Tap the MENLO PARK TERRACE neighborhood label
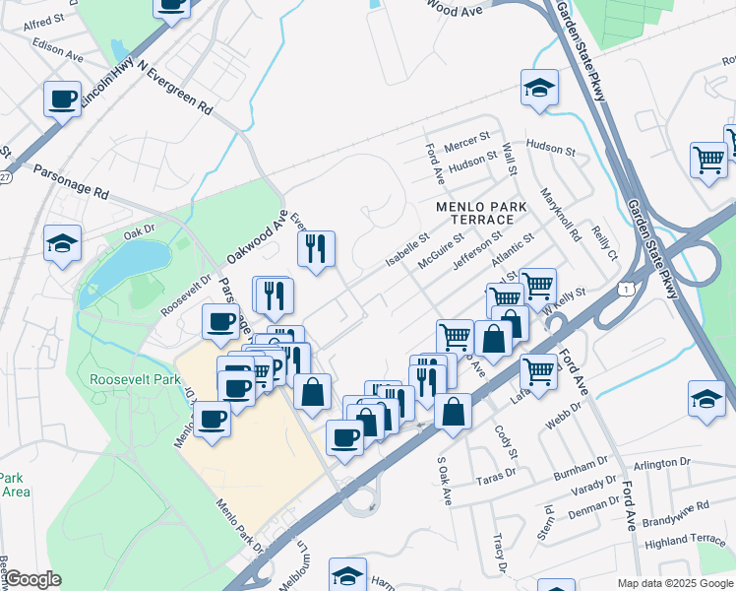[x=482, y=215]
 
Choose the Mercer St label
[x=466, y=145]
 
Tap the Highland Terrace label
[x=684, y=541]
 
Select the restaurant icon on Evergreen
[x=316, y=248]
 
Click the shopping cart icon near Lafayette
[x=538, y=371]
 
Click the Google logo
[x=31, y=579]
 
